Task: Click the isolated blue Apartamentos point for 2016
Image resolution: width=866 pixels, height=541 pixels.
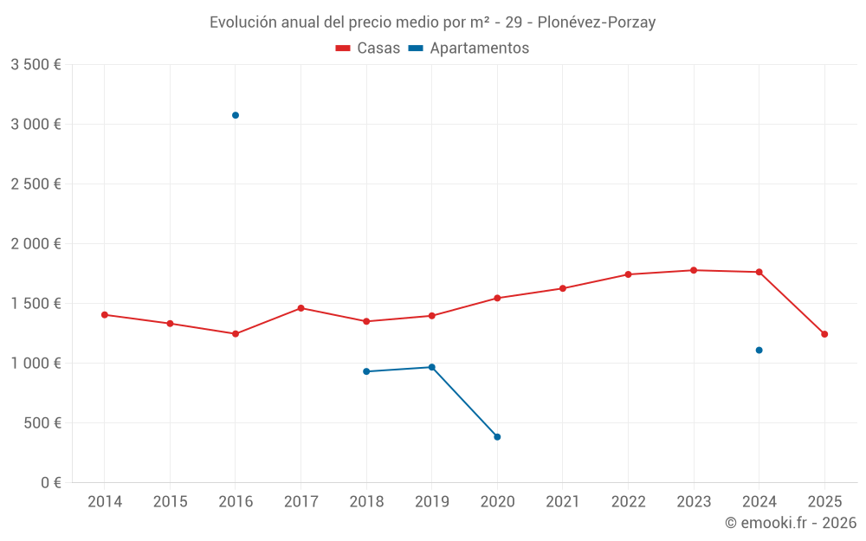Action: pos(236,115)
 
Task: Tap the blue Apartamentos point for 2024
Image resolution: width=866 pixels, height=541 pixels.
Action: pos(759,351)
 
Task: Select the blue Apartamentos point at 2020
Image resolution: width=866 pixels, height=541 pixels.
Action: pos(497,437)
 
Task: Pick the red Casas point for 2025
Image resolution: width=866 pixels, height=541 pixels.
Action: pos(824,334)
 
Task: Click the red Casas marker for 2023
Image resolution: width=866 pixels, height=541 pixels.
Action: pos(694,270)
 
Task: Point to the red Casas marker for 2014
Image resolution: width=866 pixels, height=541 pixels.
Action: pos(105,315)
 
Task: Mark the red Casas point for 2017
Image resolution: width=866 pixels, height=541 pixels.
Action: pos(301,308)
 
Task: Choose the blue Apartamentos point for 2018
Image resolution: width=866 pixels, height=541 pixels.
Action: pos(366,371)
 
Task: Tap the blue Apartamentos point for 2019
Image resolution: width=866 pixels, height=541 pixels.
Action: pos(432,367)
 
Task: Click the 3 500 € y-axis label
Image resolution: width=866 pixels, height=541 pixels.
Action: pos(36,65)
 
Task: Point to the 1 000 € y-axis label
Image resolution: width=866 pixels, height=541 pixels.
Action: pos(36,364)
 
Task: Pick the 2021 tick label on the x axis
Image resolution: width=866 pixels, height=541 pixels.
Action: pos(563,502)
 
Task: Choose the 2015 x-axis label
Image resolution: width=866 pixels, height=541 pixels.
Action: pos(170,502)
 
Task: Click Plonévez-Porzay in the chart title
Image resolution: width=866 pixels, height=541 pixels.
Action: pos(597,23)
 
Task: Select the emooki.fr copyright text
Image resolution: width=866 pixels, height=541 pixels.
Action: pos(791,523)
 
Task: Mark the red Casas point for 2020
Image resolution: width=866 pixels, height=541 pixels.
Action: pos(497,298)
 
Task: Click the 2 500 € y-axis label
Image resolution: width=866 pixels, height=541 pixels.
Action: pos(36,184)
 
